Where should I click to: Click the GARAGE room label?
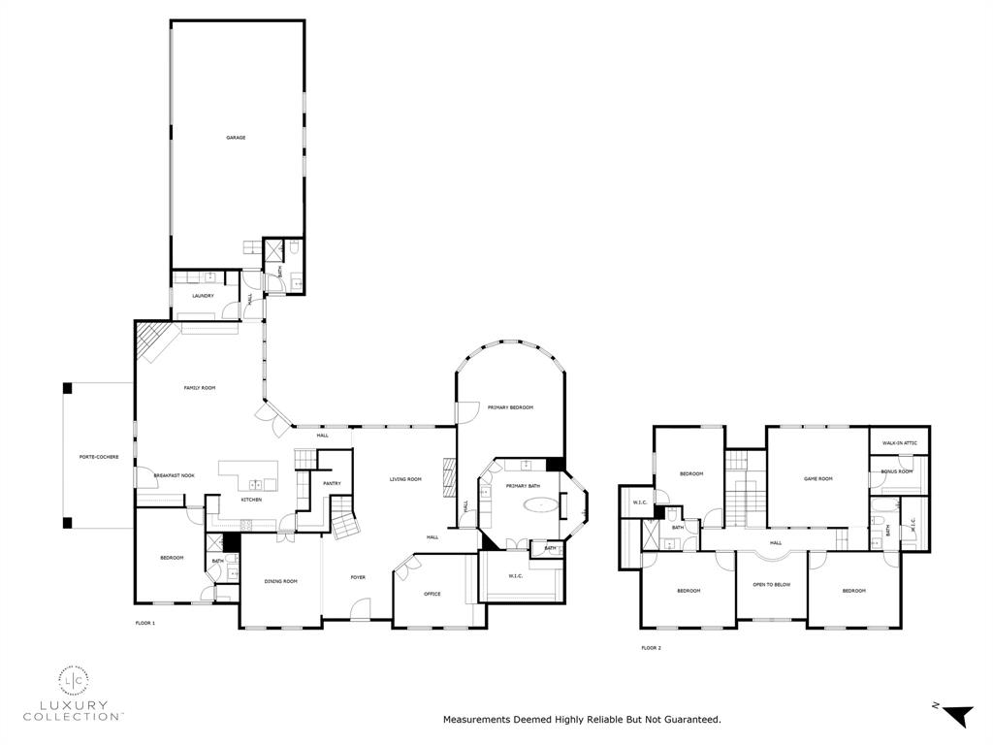click(x=236, y=138)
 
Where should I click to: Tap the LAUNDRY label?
click(x=203, y=296)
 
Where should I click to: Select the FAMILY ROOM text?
click(x=200, y=388)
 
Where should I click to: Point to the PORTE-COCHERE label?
click(x=99, y=457)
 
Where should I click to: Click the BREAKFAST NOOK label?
click(x=175, y=475)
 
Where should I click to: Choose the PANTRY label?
click(x=318, y=483)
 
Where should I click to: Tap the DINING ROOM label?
click(x=281, y=581)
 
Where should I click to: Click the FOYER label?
click(x=358, y=577)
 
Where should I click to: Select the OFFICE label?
click(x=432, y=594)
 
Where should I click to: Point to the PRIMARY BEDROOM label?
click(x=510, y=407)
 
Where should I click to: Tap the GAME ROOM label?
click(x=818, y=478)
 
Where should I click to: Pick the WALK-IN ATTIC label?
click(x=899, y=443)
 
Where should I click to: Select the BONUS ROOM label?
click(x=896, y=471)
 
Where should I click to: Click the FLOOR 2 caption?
click(x=651, y=647)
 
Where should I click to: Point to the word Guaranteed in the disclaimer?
click(x=689, y=720)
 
